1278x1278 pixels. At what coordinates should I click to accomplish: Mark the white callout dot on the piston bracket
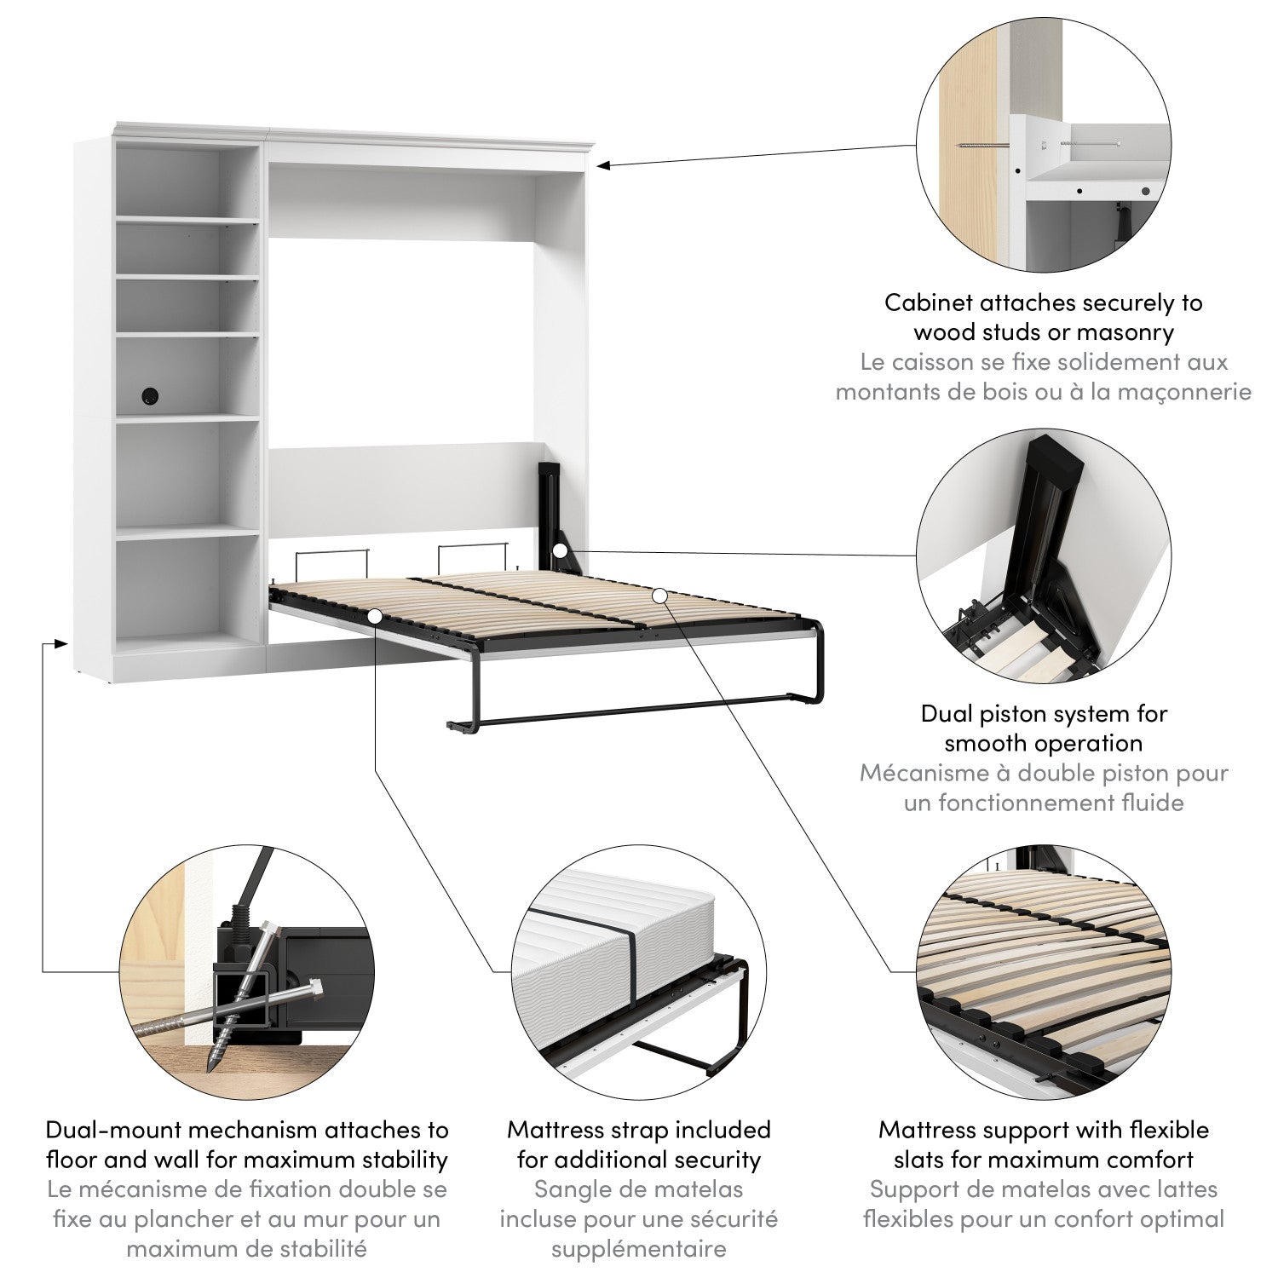559,551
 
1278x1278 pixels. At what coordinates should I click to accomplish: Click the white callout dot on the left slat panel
375,614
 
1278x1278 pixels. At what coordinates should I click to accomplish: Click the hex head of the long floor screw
314,991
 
